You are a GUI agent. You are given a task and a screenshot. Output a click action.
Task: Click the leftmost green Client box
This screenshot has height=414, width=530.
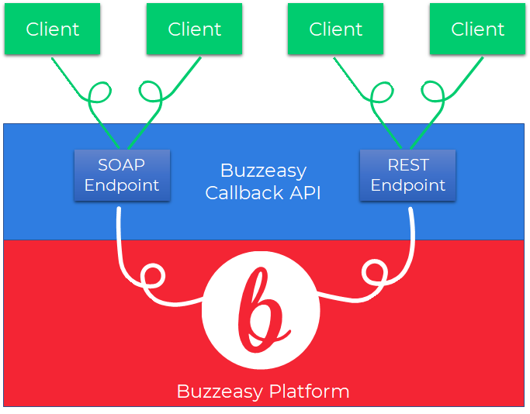pos(52,29)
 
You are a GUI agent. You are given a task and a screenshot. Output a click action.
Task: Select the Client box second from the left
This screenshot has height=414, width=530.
pos(194,29)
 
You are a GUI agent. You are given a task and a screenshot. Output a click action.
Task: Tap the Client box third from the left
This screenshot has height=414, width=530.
pos(335,29)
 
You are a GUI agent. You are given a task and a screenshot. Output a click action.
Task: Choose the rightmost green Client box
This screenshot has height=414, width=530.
pos(477,29)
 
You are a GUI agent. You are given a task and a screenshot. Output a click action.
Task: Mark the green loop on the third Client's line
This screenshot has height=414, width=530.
pos(382,95)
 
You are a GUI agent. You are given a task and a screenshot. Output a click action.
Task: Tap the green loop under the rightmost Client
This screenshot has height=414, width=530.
pos(432,96)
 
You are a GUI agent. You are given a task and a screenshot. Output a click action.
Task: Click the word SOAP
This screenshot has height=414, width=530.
pos(121,165)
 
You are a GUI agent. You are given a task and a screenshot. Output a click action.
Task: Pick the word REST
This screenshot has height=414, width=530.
pos(408,165)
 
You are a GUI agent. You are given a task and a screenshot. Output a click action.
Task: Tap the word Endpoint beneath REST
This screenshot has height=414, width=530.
pos(408,185)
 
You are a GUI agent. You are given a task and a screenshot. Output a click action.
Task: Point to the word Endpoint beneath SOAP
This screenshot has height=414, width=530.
pos(121,185)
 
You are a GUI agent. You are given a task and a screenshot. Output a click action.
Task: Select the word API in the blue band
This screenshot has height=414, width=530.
pos(303,192)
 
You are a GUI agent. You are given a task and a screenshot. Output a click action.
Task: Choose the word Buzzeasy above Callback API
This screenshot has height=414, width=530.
pos(264,171)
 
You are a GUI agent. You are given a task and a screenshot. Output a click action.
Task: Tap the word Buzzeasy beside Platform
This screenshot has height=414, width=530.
pos(220,391)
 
